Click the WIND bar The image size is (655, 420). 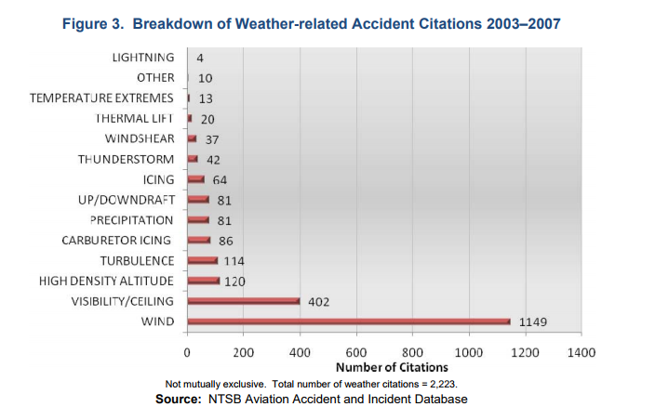[349, 322]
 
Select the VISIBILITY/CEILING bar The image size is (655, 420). [244, 301]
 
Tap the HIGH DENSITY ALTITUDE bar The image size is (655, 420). [204, 281]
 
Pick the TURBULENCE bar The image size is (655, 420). [202, 261]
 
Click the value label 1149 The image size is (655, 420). [534, 322]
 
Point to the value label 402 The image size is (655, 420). [319, 302]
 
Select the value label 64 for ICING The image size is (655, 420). [220, 179]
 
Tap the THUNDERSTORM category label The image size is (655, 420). [126, 159]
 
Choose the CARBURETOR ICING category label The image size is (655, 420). [117, 241]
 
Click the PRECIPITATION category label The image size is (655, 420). [131, 220]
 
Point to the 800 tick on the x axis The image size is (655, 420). [412, 353]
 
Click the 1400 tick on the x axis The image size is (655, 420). [581, 353]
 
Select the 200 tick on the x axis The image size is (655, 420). [244, 353]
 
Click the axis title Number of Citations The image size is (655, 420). [384, 368]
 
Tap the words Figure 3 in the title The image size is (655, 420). [92, 24]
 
